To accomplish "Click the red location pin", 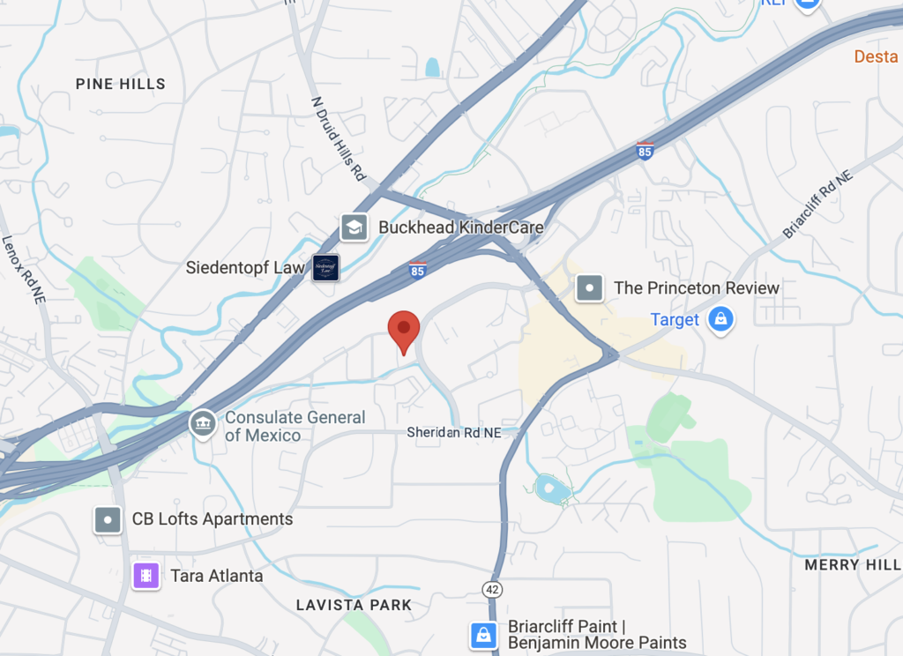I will click(404, 331).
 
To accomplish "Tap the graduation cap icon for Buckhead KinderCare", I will click(354, 227).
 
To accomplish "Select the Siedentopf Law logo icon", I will click(325, 267).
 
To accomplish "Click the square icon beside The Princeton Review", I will click(589, 287).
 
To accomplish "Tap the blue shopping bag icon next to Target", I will click(720, 320).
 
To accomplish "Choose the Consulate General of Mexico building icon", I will click(203, 423).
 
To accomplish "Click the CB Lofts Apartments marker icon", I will click(108, 519).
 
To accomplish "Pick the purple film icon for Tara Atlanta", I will click(146, 576).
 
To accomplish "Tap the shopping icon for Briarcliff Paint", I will click(483, 634).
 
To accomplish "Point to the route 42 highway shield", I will click(492, 588).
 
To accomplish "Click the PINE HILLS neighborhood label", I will click(121, 84).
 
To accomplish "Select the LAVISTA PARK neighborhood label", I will click(354, 605).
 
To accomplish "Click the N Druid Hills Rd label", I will click(339, 138).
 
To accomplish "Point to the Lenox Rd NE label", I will click(21, 265).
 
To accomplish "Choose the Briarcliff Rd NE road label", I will click(818, 205).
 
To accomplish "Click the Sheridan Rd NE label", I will click(453, 432).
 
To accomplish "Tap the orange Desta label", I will click(876, 57).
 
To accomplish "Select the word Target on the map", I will click(675, 320).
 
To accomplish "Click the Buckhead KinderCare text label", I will click(460, 227).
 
